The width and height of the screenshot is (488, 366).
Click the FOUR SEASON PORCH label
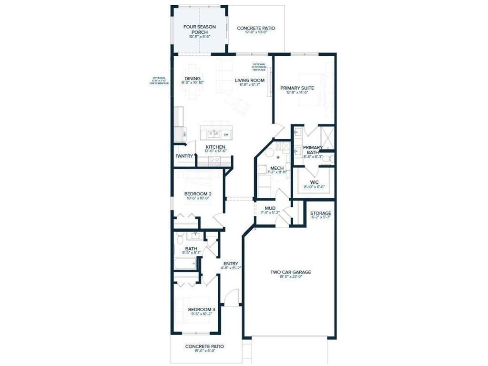[199, 30]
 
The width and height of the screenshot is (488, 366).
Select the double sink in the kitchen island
[210, 134]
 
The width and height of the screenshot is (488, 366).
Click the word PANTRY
[184, 156]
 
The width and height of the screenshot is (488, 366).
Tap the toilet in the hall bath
[179, 238]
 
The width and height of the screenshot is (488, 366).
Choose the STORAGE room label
[320, 213]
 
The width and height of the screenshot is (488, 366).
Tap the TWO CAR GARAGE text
[290, 272]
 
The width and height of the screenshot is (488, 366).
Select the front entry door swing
[232, 298]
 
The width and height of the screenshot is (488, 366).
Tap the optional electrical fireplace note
[259, 67]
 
